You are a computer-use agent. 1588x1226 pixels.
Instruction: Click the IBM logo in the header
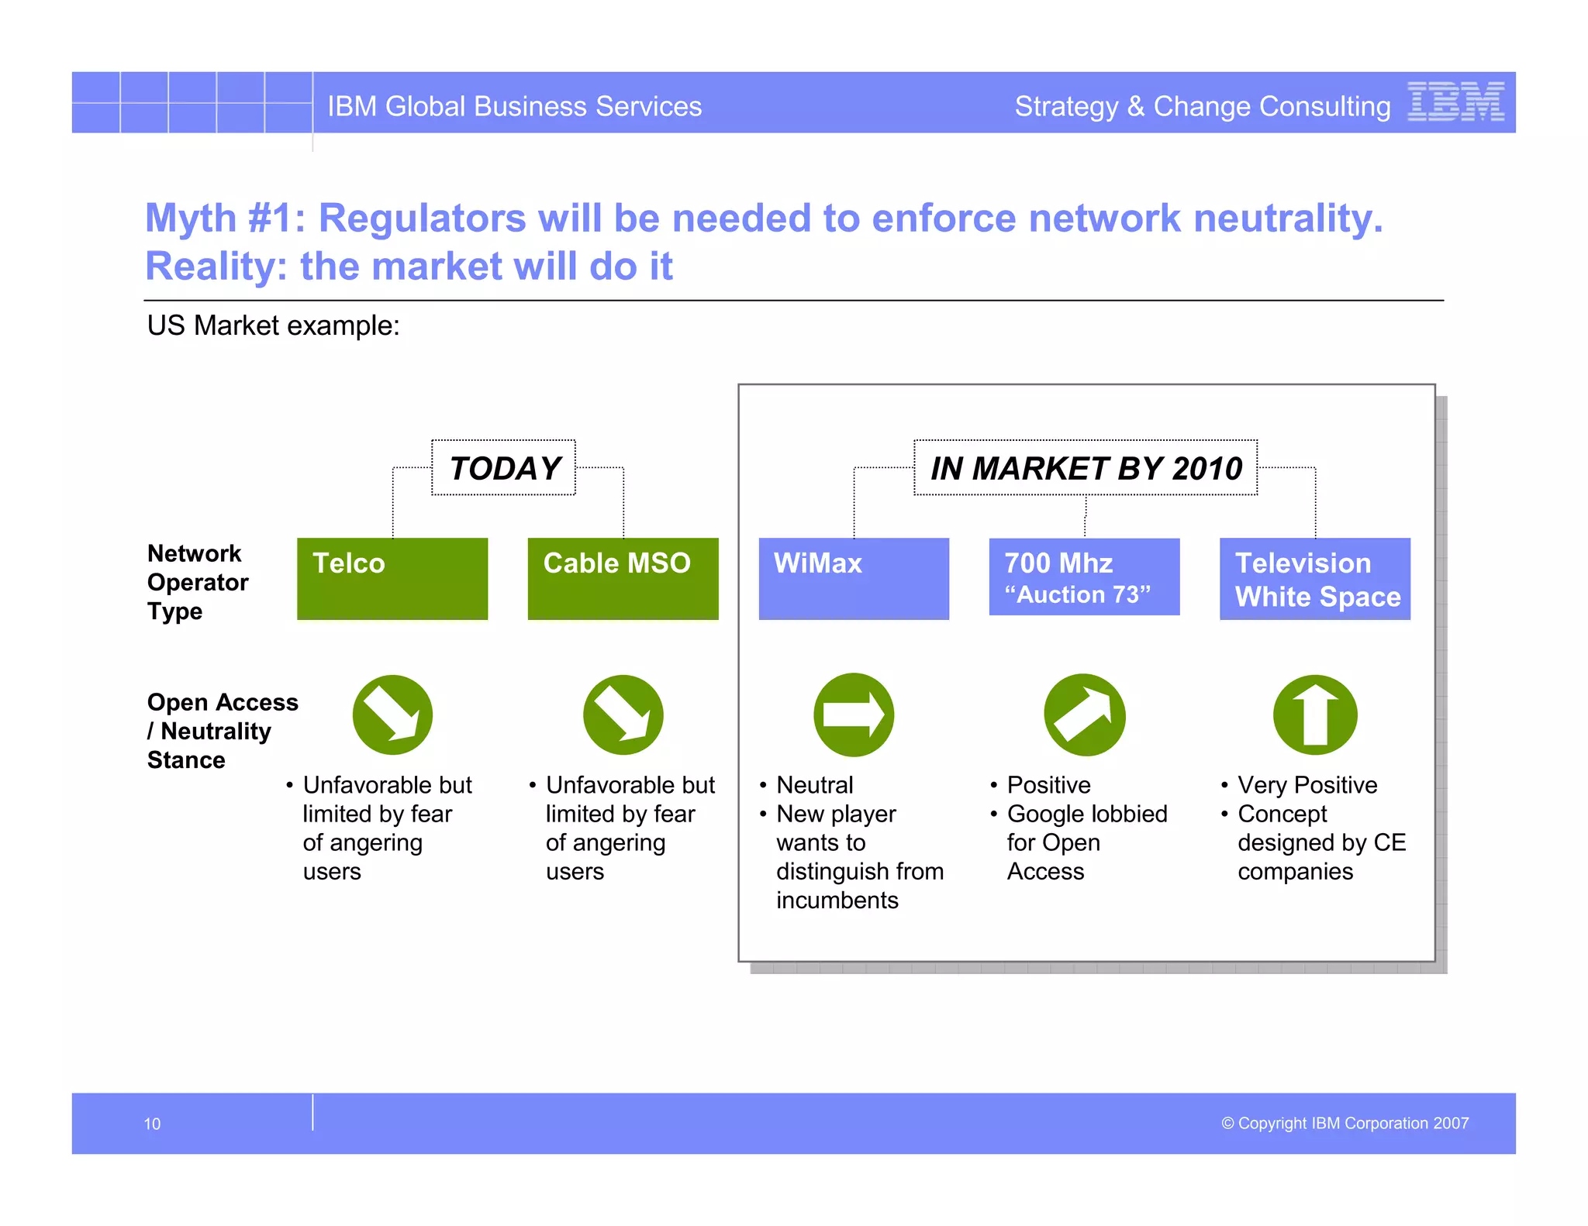(x=1455, y=102)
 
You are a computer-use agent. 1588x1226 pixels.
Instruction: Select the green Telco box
(x=392, y=578)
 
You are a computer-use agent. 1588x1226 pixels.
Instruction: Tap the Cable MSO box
(x=623, y=578)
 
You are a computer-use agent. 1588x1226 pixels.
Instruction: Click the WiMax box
(x=854, y=578)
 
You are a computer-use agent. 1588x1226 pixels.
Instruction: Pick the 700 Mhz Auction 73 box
(x=1084, y=577)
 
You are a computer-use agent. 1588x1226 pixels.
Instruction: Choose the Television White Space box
(x=1314, y=578)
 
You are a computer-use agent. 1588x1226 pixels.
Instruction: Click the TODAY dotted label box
(x=504, y=468)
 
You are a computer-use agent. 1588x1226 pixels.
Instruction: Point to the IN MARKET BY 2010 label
(x=1086, y=468)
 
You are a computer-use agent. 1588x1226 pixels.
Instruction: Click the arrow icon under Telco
(x=392, y=715)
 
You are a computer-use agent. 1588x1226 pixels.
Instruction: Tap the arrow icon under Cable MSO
(x=623, y=715)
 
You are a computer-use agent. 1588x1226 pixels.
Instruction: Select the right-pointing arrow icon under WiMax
(x=854, y=715)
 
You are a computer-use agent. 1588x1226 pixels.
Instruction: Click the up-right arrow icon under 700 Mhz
(x=1084, y=715)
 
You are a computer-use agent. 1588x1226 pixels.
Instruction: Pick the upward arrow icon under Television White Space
(x=1315, y=715)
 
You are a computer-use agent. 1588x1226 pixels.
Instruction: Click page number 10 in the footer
(x=152, y=1124)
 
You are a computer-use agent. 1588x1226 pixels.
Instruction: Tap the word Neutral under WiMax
(x=814, y=785)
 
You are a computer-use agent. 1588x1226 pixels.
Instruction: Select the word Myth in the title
(x=191, y=219)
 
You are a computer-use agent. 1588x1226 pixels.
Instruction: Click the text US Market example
(x=273, y=325)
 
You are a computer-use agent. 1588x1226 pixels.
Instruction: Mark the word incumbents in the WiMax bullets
(x=837, y=901)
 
